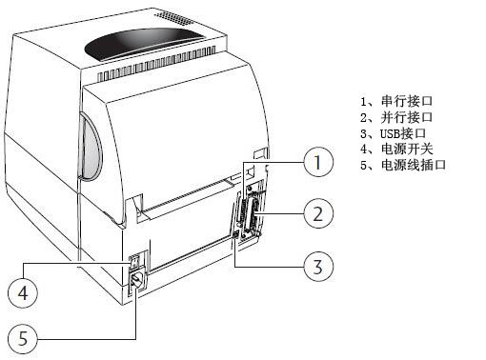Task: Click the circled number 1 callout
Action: point(318,164)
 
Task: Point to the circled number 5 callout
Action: point(25,336)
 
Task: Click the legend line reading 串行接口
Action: point(395,100)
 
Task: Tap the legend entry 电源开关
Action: point(395,149)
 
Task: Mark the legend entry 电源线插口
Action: point(400,165)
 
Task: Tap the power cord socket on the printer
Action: point(136,282)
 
